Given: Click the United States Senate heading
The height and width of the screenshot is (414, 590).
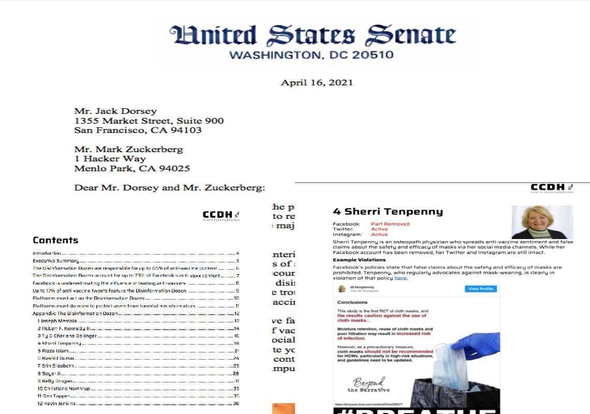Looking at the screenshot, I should pyautogui.click(x=313, y=35).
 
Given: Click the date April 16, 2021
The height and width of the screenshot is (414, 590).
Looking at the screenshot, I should pyautogui.click(x=317, y=82).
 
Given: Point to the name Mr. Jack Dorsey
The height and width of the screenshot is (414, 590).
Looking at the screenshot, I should pyautogui.click(x=115, y=111).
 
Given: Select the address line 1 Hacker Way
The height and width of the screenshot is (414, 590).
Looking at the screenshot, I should pyautogui.click(x=110, y=159).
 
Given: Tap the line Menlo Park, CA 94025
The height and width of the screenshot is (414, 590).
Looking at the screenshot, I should pyautogui.click(x=132, y=168).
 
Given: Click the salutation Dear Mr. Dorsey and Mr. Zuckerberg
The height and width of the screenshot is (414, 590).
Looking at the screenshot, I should pyautogui.click(x=170, y=187).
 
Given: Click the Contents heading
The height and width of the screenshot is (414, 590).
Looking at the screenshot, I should pyautogui.click(x=55, y=240).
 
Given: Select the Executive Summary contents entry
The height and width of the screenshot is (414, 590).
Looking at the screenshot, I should pyautogui.click(x=56, y=261).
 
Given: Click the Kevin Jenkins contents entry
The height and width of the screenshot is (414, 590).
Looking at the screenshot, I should pyautogui.click(x=57, y=404).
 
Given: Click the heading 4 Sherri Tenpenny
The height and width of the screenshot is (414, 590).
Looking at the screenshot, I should pyautogui.click(x=388, y=211).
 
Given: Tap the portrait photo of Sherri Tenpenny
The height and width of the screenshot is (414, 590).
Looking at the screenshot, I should pyautogui.click(x=542, y=222).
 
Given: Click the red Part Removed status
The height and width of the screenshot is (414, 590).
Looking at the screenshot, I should pyautogui.click(x=390, y=224).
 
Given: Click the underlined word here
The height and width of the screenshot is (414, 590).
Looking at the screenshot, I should pyautogui.click(x=400, y=278).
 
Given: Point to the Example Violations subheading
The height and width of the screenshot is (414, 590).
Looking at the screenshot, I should pyautogui.click(x=359, y=260).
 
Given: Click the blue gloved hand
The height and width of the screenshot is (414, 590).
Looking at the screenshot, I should pyautogui.click(x=468, y=347).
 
